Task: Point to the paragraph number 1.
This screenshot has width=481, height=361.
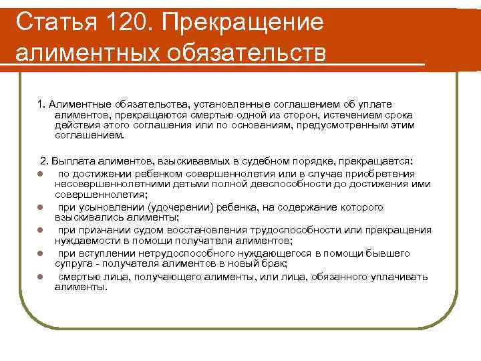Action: pos(41,104)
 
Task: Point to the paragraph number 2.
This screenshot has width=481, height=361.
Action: pos(44,162)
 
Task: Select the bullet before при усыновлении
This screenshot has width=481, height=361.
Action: pos(41,207)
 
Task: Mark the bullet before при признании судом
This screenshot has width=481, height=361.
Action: pos(41,231)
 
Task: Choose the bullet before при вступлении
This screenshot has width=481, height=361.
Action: pos(41,254)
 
